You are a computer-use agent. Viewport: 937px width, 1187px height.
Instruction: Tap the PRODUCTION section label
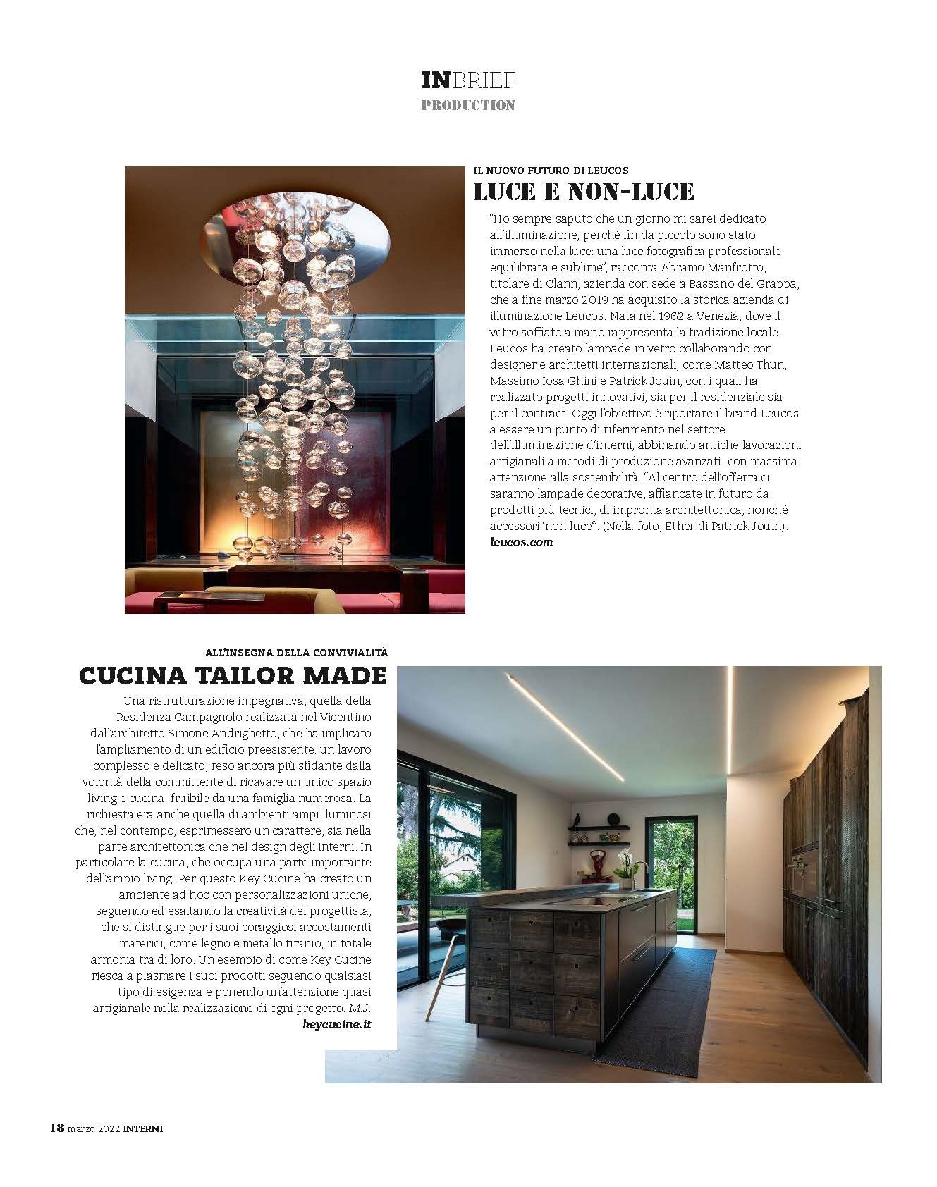pos(468,106)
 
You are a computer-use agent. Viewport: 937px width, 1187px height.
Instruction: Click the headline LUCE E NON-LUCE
pos(584,191)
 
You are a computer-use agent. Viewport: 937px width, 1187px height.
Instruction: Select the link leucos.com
pos(521,542)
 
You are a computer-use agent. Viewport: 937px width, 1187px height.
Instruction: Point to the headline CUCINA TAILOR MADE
pos(233,675)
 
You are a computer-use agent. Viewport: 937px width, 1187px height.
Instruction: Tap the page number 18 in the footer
pos(57,1148)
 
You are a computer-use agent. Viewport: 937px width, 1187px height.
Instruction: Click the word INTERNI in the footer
pos(142,1148)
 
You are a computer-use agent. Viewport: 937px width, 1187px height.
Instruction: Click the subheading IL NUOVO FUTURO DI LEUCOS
pos(551,171)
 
